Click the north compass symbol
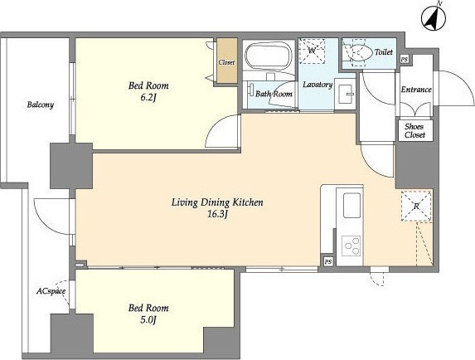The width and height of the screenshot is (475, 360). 434,17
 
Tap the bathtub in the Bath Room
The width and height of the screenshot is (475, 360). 269,56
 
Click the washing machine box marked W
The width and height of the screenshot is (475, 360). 312,51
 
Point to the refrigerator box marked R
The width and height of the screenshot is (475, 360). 416,206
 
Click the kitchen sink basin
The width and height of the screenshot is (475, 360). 351,205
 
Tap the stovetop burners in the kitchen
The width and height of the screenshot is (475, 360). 351,246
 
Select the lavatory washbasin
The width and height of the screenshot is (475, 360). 346,94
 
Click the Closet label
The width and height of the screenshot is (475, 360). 226,62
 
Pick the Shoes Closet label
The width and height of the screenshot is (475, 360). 414,130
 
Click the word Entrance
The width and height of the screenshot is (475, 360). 416,90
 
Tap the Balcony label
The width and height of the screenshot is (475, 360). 41,105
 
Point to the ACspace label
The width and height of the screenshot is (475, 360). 51,291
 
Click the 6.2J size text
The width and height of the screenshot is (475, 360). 148,98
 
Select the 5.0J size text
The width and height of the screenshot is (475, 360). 148,320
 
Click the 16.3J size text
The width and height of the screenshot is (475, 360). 217,214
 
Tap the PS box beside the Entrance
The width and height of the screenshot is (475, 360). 404,60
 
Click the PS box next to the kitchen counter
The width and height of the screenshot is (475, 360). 328,261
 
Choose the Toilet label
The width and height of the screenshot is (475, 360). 384,52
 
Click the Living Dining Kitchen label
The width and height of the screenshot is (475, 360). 217,202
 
